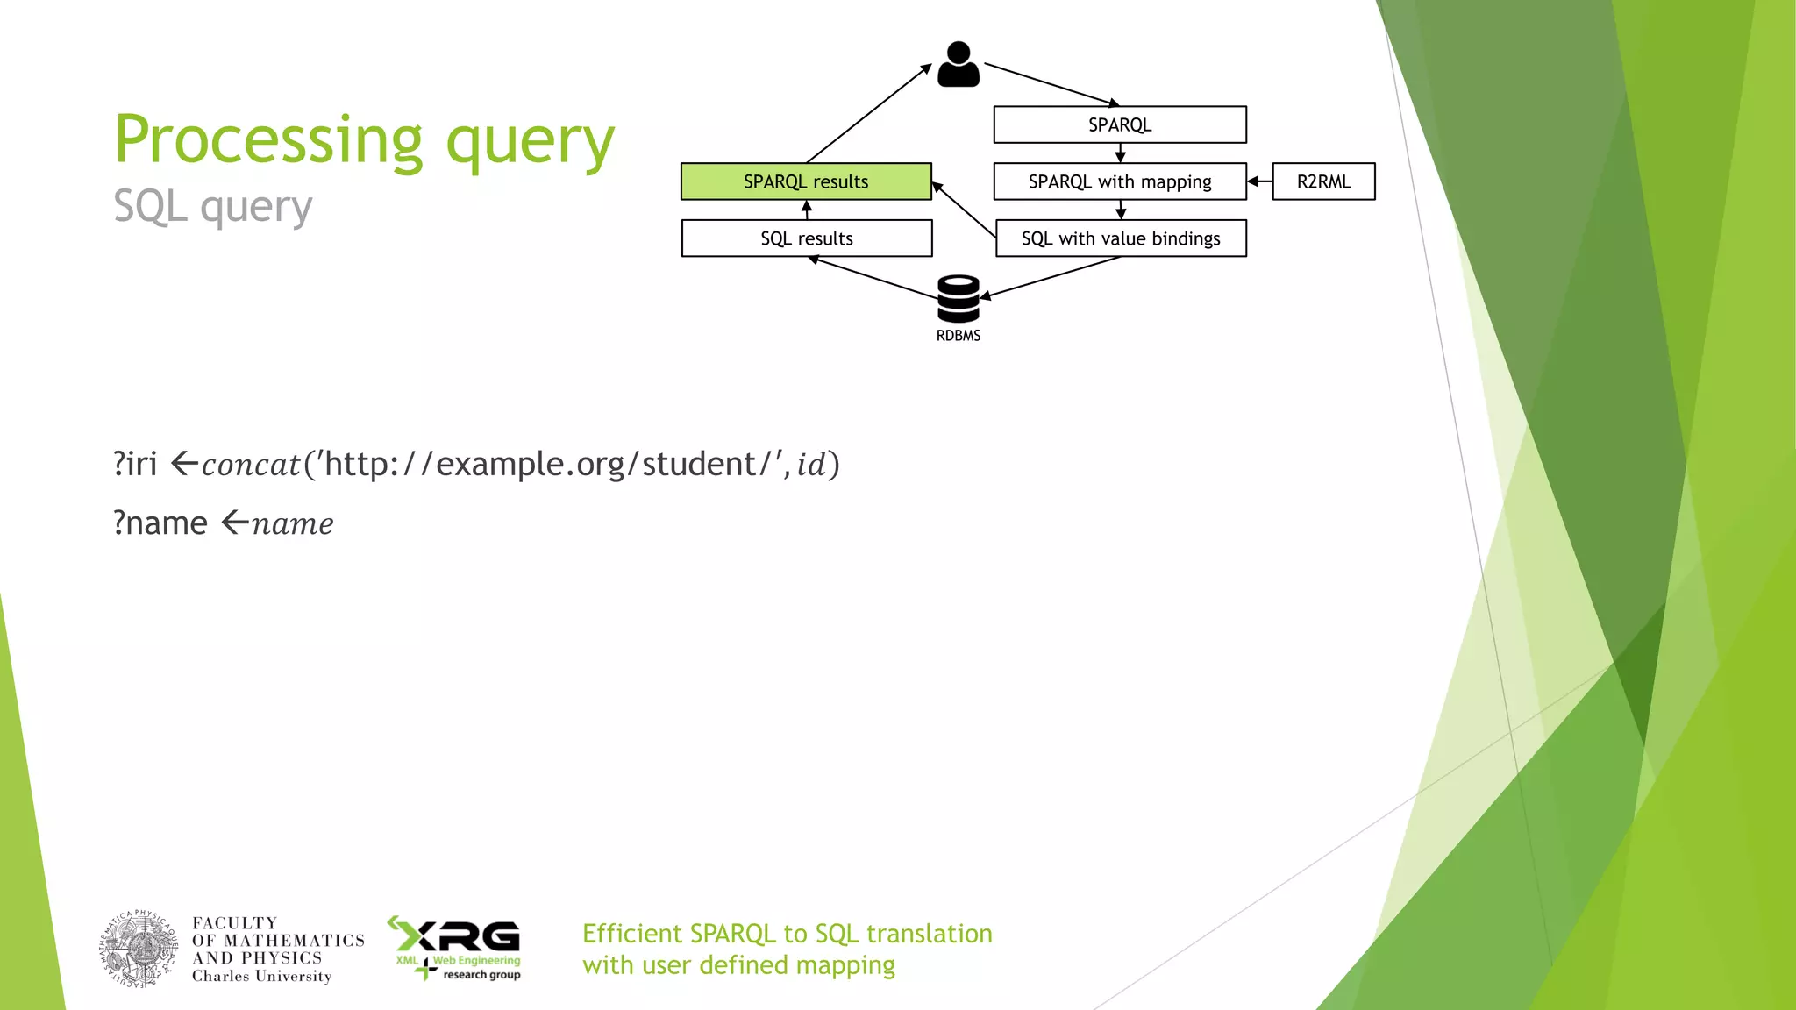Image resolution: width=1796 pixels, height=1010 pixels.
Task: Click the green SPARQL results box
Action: pyautogui.click(x=806, y=181)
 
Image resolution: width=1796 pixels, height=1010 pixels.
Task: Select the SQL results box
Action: pyautogui.click(x=806, y=238)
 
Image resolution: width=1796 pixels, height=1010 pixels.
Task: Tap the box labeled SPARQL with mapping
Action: pyautogui.click(x=1120, y=181)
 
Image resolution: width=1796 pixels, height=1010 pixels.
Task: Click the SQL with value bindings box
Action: pyautogui.click(x=1121, y=238)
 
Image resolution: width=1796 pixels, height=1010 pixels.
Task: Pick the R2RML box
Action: pyautogui.click(x=1323, y=181)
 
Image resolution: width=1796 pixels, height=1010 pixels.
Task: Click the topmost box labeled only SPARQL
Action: pyautogui.click(x=1120, y=124)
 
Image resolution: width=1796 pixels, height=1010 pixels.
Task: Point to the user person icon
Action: pyautogui.click(x=959, y=65)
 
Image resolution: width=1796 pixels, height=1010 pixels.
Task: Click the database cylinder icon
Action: pyautogui.click(x=959, y=299)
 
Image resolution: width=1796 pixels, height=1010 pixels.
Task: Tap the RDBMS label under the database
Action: pyautogui.click(x=959, y=336)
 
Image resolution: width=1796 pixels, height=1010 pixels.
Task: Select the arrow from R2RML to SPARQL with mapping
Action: pyautogui.click(x=1259, y=181)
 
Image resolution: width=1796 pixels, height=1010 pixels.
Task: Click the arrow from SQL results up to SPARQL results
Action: pyautogui.click(x=807, y=210)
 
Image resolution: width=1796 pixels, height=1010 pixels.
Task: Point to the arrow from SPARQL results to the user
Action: pyautogui.click(x=868, y=113)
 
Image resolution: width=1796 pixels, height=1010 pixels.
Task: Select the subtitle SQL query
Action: pyautogui.click(x=213, y=207)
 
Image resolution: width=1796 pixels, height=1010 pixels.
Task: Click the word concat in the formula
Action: pyautogui.click(x=251, y=465)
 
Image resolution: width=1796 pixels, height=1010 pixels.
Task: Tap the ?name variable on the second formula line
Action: pyautogui.click(x=160, y=523)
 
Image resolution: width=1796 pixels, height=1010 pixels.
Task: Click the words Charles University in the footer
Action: pyautogui.click(x=261, y=977)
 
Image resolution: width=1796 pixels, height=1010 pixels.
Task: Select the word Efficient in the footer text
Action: pyautogui.click(x=631, y=934)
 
